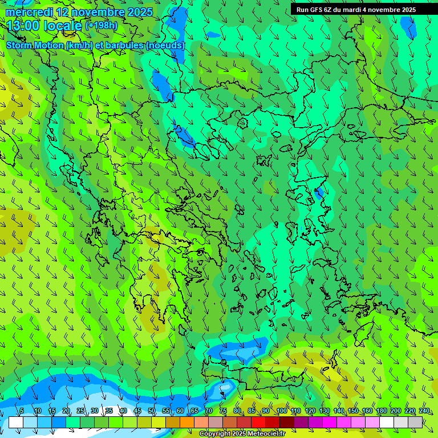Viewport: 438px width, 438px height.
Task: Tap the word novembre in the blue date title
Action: [98, 12]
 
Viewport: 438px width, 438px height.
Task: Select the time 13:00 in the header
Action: [23, 26]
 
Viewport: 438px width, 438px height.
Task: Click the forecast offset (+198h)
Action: [101, 26]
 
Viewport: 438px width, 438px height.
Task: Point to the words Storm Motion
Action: [35, 45]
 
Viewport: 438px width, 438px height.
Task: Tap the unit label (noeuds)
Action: [165, 45]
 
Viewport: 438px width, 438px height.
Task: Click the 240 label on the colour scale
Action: [424, 411]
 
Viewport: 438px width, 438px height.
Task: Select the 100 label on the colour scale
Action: [281, 411]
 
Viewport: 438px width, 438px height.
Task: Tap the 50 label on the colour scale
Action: [152, 411]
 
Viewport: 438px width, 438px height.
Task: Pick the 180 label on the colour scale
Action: [381, 411]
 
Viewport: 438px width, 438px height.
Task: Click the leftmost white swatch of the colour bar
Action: [16, 422]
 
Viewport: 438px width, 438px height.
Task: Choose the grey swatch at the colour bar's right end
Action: [415, 422]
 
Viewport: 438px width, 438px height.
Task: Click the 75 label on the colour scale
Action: [223, 411]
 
